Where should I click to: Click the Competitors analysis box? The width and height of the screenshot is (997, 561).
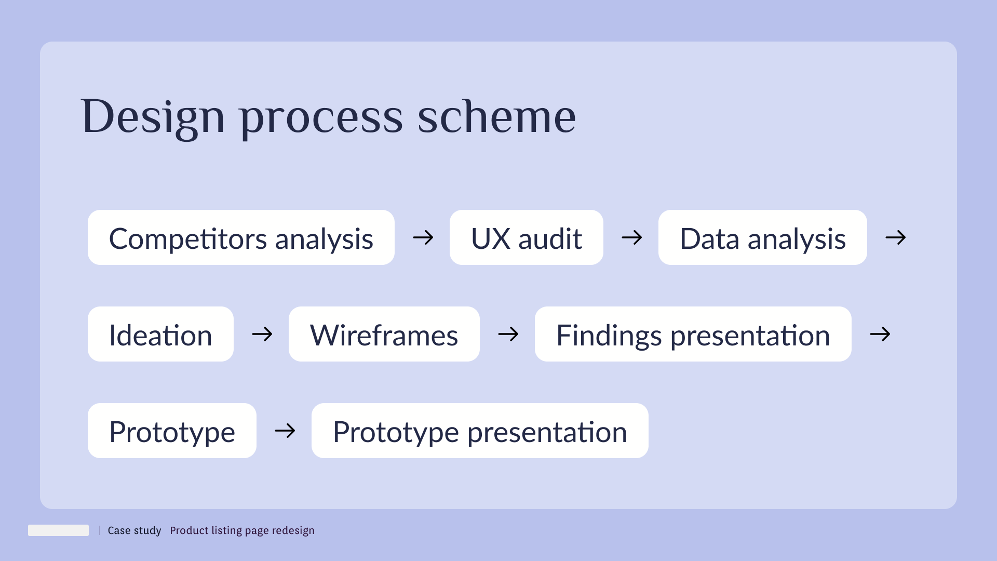coord(241,238)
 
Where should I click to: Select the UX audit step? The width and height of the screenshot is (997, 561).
coord(526,238)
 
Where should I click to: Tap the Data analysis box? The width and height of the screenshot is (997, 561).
coord(762,238)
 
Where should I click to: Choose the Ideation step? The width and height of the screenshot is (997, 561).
coord(160,335)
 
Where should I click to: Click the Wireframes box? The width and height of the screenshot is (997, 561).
coord(384,335)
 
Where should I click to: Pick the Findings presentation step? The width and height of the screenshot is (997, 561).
coord(693,335)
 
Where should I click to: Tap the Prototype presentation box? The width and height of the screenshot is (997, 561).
coord(480,431)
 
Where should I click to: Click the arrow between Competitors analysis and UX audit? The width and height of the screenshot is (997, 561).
coord(423,238)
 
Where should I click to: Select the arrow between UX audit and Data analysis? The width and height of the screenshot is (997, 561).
coord(631,238)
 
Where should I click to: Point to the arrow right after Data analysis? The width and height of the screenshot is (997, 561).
coord(895,238)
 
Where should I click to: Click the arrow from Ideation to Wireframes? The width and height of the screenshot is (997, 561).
coord(262,334)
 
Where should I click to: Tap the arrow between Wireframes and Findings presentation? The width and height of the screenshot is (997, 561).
coord(508,334)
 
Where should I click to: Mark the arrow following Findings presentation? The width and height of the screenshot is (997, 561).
coord(880,334)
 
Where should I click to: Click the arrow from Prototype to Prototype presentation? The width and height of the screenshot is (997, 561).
coord(285,431)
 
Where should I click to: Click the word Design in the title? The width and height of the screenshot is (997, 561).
coord(153,117)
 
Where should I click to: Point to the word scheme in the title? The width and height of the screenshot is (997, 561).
coord(496,117)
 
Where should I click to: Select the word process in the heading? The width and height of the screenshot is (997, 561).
coord(321,117)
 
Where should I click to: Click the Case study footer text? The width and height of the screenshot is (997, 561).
coord(134,530)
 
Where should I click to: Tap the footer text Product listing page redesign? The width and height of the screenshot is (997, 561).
coord(242,530)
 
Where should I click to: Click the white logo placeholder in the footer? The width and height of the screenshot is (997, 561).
coord(58,530)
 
